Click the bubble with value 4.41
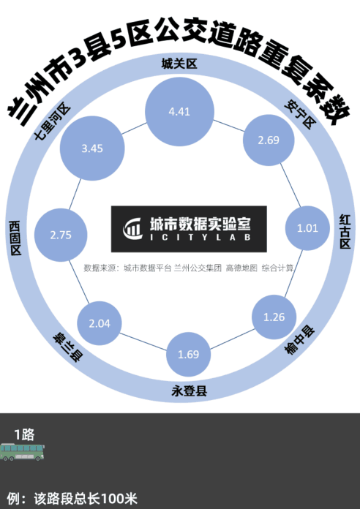(179, 112)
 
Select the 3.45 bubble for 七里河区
(92, 148)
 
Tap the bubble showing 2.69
(269, 140)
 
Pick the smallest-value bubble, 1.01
(307, 228)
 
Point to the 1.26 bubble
(274, 317)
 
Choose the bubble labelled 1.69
(189, 354)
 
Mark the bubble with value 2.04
(100, 323)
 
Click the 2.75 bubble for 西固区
(61, 235)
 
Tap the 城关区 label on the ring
(179, 64)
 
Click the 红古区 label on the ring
(345, 231)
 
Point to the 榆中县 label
(299, 341)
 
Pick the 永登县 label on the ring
(189, 391)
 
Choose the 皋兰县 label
(68, 347)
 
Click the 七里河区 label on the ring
(52, 121)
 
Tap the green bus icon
(22, 452)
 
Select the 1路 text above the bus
(24, 434)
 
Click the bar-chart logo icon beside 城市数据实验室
(132, 228)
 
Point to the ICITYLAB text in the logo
(200, 237)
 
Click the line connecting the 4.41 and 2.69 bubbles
(228, 126)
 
